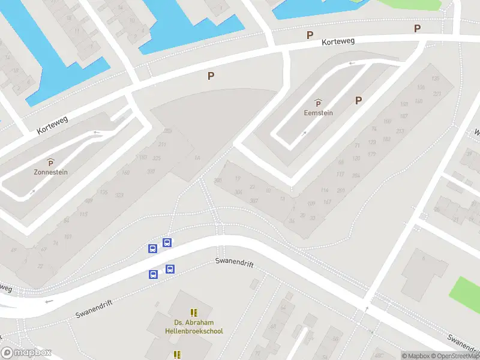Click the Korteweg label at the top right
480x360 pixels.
click(x=338, y=42)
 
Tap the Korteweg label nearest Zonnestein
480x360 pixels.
click(x=53, y=124)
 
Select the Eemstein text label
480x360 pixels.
click(x=318, y=112)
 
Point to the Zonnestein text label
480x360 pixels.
click(x=50, y=172)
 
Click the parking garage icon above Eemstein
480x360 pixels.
click(x=318, y=103)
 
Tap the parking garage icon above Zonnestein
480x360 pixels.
click(x=50, y=162)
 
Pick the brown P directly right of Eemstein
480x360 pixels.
click(x=359, y=101)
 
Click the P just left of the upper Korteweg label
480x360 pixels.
click(x=310, y=35)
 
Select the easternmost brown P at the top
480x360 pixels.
click(x=417, y=29)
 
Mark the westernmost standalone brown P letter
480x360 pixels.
click(x=211, y=76)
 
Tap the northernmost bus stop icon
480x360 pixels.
click(x=167, y=243)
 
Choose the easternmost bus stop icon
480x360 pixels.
click(x=170, y=269)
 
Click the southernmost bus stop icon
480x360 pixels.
click(x=153, y=275)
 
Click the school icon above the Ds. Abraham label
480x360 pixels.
click(x=193, y=313)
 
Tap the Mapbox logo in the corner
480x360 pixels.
click(x=26, y=353)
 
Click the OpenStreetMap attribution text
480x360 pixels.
click(x=455, y=356)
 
